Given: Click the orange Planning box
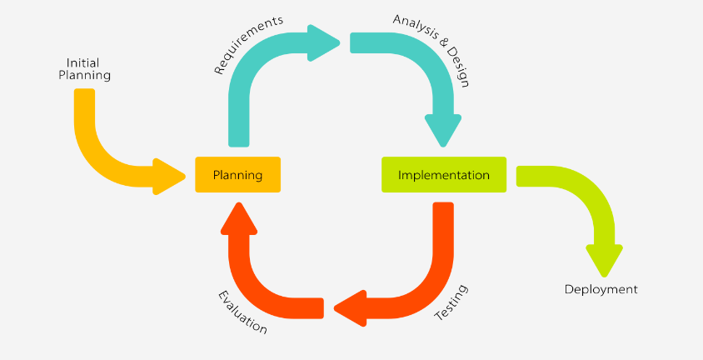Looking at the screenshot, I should click(x=237, y=175).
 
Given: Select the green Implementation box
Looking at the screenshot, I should click(x=444, y=175).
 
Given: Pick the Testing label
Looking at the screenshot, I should click(x=452, y=304).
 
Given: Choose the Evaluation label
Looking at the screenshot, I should click(x=242, y=312).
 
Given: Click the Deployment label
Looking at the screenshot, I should click(x=601, y=290).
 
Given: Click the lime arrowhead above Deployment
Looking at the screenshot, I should click(x=604, y=259).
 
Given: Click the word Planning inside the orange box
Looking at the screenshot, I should click(x=237, y=175).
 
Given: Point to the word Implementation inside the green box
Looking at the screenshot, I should click(x=444, y=175).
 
